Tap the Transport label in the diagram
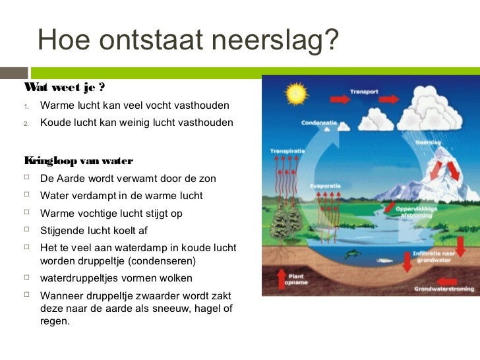(x=364, y=92)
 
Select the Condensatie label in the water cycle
(x=320, y=123)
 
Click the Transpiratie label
(x=287, y=151)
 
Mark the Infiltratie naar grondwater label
(x=435, y=256)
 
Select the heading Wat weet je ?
(x=65, y=88)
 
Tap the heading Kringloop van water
(x=78, y=161)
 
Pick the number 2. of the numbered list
(x=28, y=123)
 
